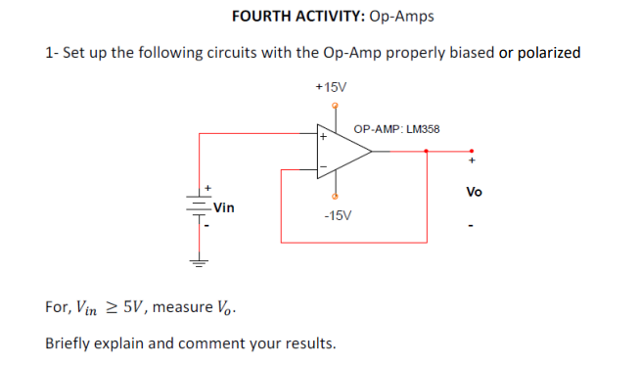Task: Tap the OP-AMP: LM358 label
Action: (x=396, y=128)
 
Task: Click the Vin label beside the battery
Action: (x=224, y=207)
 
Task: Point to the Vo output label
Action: (x=474, y=191)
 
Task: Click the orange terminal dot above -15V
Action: (x=336, y=197)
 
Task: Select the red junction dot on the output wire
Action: (x=427, y=152)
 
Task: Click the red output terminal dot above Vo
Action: (x=473, y=152)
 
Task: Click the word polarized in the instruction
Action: (x=549, y=52)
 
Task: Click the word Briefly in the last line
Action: (x=70, y=343)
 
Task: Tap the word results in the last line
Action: (x=307, y=343)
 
